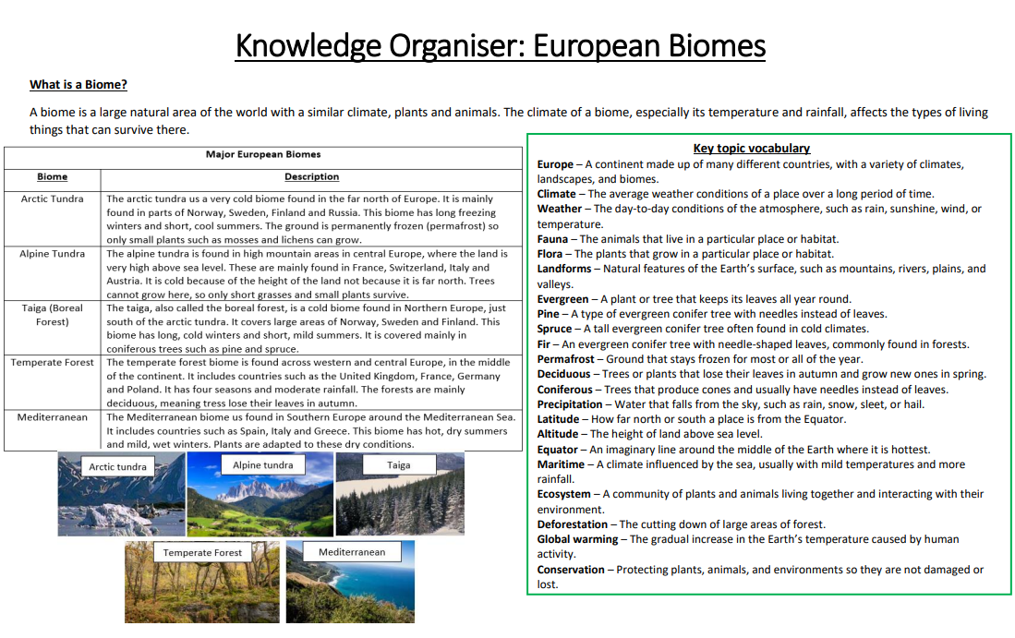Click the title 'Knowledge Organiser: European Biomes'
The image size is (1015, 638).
click(x=500, y=44)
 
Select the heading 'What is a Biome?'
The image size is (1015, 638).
click(x=79, y=85)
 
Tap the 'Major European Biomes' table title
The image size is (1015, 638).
click(x=263, y=154)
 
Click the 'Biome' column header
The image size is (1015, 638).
click(x=52, y=176)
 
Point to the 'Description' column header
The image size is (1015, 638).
click(x=311, y=176)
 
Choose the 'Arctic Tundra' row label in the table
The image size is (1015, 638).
click(x=52, y=199)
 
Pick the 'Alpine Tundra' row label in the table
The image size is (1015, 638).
click(x=52, y=254)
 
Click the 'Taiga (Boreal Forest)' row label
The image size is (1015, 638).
click(x=52, y=315)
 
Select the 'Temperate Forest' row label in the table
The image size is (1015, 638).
click(x=52, y=362)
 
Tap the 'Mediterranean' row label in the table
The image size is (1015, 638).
click(x=52, y=416)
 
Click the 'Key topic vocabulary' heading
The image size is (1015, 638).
click(x=751, y=148)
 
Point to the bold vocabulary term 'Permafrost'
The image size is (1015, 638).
click(x=564, y=359)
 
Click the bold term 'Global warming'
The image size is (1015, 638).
click(x=577, y=539)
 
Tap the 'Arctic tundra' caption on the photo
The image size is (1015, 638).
click(x=117, y=467)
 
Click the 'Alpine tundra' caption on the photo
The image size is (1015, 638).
click(x=262, y=465)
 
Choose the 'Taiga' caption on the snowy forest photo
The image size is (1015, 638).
click(x=398, y=465)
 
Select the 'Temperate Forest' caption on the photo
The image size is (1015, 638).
click(x=202, y=553)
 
